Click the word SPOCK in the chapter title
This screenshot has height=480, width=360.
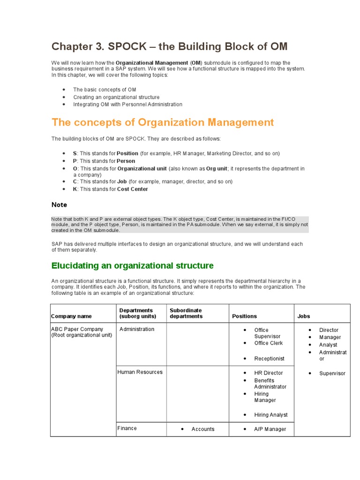point(130,46)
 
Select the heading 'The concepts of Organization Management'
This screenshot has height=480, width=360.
point(163,122)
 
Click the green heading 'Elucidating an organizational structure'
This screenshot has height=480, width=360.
point(132,266)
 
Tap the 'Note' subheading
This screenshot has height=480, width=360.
point(59,205)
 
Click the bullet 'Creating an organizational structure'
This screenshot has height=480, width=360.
point(116,97)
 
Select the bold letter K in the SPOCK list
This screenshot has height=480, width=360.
point(75,189)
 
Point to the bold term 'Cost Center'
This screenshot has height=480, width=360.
point(132,189)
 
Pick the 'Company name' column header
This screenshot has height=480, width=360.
point(71,316)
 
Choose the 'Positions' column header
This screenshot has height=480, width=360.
point(244,316)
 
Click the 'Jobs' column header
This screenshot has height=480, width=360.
point(304,316)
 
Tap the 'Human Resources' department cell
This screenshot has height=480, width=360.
point(140,372)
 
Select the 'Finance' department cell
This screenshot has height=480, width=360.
point(127,428)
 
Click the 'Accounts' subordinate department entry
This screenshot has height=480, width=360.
point(203,429)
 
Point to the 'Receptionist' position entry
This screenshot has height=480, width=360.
point(269,359)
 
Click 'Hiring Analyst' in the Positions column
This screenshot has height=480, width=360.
point(271,415)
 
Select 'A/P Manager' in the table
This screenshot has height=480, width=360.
point(270,429)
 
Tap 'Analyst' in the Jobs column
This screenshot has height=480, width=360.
point(328,345)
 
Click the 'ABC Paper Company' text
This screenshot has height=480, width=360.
point(77,329)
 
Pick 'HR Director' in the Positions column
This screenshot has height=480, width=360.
point(269,373)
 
